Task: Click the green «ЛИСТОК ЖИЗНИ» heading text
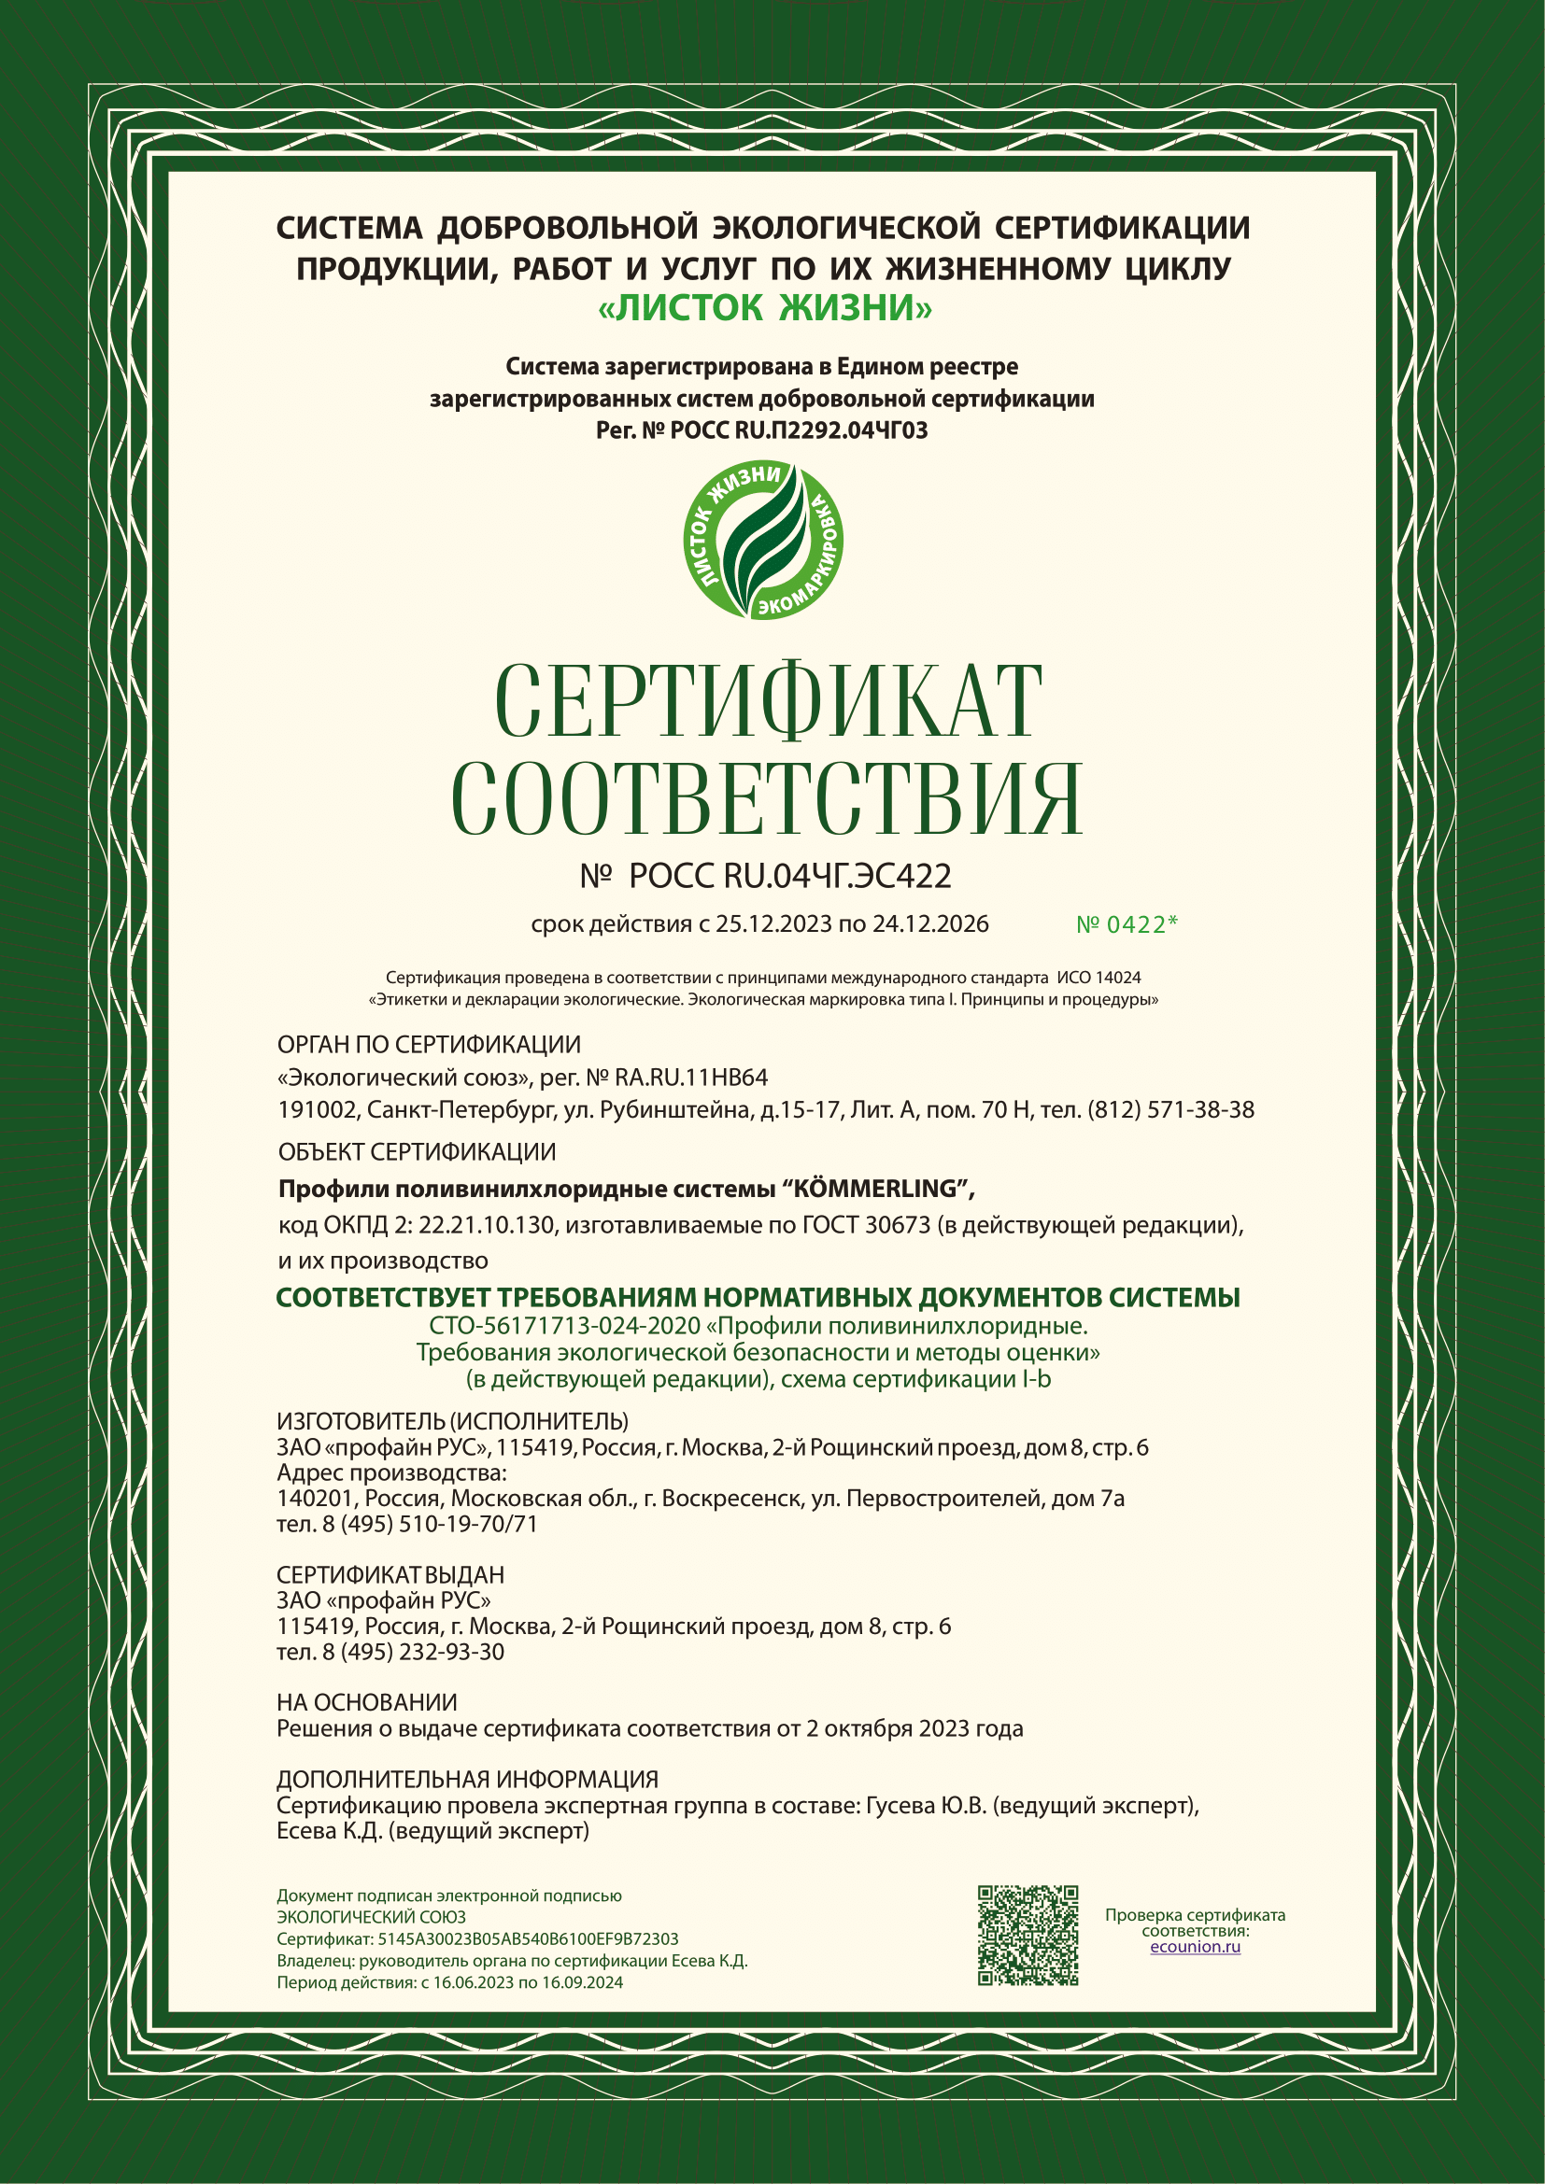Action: tap(765, 308)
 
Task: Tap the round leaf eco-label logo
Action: tap(764, 541)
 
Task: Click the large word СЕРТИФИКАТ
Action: tap(769, 701)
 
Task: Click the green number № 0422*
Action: tap(1127, 924)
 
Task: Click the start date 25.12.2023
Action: tap(773, 923)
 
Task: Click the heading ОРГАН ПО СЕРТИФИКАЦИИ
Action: tap(428, 1045)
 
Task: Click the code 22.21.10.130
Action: tap(486, 1225)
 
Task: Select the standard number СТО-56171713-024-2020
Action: tap(565, 1326)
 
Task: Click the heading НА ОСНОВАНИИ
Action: tap(366, 1703)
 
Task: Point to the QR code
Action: tap(1028, 1936)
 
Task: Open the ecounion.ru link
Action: tap(1195, 1946)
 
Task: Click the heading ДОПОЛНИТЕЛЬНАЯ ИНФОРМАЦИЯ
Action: tap(467, 1780)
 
